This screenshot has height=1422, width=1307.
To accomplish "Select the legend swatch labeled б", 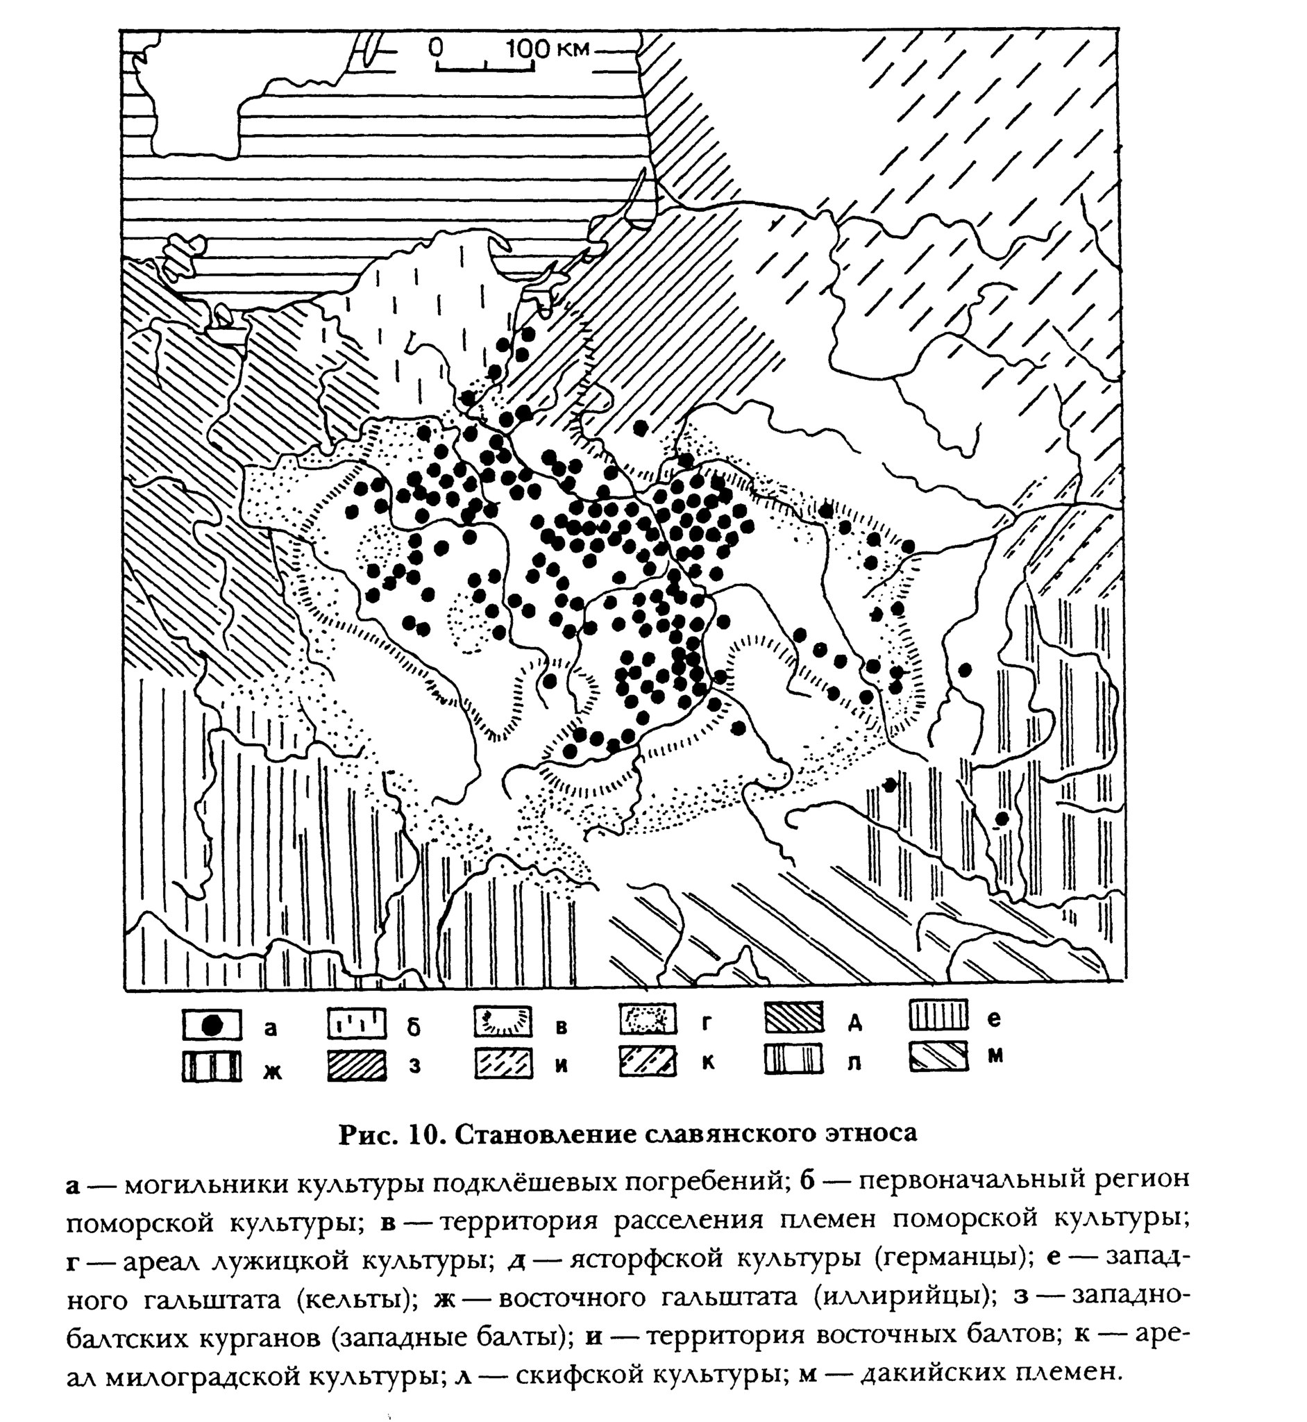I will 357,1023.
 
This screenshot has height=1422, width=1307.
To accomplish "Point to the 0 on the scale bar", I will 436,47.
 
